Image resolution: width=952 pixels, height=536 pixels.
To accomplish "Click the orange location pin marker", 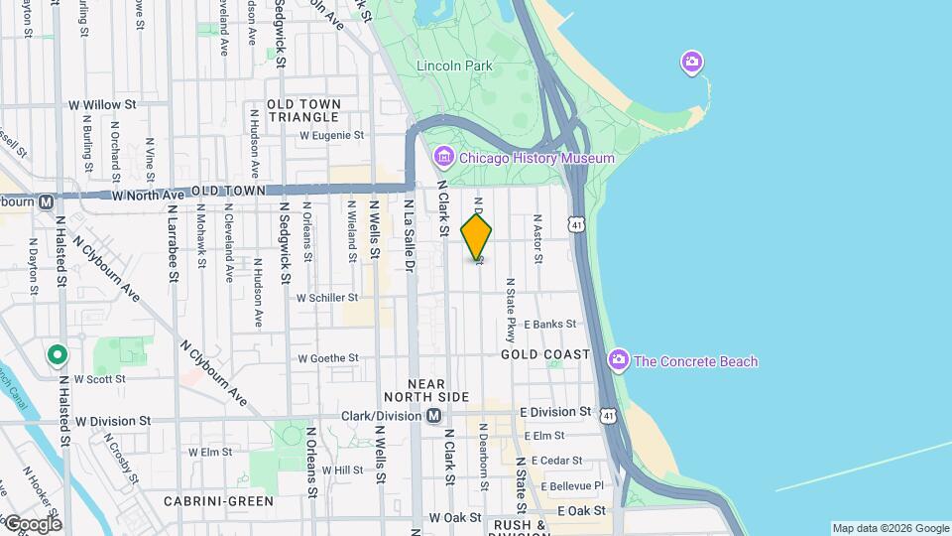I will tap(477, 236).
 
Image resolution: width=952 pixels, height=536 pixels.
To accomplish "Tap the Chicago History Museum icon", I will tap(443, 158).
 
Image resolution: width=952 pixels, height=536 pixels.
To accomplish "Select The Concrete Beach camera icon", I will tap(619, 360).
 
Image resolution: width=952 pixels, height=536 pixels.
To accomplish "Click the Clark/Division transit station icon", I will tap(433, 417).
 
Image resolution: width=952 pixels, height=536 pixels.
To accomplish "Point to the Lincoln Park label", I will tap(454, 66).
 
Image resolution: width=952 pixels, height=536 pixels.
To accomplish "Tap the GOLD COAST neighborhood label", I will tap(545, 354).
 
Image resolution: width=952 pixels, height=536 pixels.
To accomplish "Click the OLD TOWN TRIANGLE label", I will tap(303, 110).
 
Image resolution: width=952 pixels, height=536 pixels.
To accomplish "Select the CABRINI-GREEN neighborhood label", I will tap(218, 501).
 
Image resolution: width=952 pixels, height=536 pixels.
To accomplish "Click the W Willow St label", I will tap(102, 104).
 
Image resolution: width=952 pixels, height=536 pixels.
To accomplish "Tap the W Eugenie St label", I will tap(331, 135).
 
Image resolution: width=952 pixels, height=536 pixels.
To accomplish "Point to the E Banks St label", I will tap(550, 325).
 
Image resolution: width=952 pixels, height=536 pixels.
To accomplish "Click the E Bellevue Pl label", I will tap(567, 486).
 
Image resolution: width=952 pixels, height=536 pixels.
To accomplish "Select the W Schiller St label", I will tap(327, 298).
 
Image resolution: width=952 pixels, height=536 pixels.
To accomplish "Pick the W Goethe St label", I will tap(327, 358).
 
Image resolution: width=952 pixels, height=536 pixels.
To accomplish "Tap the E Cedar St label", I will tap(556, 461).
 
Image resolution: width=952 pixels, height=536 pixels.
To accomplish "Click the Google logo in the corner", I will tap(32, 523).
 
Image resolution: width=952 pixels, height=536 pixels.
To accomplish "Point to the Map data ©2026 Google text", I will tap(890, 528).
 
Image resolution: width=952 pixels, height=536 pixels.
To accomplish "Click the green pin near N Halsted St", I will tap(59, 354).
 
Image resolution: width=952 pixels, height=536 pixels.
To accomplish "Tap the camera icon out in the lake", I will tap(692, 63).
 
